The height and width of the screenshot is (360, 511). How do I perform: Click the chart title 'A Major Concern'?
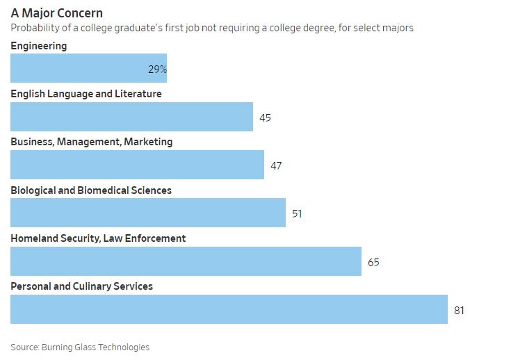click(x=57, y=13)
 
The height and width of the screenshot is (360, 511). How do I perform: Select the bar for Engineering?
click(x=88, y=69)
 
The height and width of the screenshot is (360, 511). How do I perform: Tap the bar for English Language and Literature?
click(x=131, y=117)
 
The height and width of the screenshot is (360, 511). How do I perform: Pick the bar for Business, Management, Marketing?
click(x=137, y=165)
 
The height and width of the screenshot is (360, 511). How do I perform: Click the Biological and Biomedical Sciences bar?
click(x=147, y=213)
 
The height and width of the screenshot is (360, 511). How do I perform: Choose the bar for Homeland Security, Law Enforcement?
click(x=186, y=261)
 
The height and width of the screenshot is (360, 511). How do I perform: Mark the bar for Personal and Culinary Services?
click(x=229, y=309)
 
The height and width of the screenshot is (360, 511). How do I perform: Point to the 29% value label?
click(x=157, y=69)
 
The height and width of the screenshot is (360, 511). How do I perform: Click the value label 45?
click(x=265, y=117)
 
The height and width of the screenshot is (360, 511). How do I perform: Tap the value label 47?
click(x=276, y=165)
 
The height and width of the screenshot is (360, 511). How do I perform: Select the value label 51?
click(x=297, y=213)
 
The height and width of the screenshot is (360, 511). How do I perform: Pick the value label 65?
click(x=373, y=262)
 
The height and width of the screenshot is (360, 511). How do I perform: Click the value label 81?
click(x=459, y=310)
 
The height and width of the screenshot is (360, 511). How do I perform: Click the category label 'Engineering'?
click(x=39, y=46)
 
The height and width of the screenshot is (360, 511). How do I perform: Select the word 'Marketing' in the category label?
click(x=149, y=142)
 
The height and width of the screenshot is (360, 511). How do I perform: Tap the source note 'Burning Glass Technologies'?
click(x=95, y=347)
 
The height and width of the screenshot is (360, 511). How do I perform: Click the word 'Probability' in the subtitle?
click(x=32, y=28)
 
